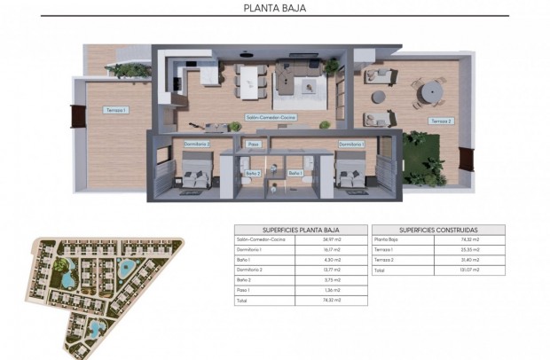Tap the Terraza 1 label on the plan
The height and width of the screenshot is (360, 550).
click(x=115, y=110)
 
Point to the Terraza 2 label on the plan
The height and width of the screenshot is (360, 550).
click(x=441, y=121)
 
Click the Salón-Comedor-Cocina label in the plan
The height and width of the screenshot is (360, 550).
click(x=271, y=118)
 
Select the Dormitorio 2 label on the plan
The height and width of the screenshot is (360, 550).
click(x=196, y=143)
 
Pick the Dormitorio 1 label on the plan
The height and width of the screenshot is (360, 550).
click(x=351, y=143)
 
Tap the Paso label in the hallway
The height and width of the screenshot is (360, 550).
click(x=254, y=143)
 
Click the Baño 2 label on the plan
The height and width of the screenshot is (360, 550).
click(x=253, y=173)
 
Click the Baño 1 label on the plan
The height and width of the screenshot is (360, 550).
click(x=295, y=173)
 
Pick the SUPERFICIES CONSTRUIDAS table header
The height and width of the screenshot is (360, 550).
click(x=437, y=229)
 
